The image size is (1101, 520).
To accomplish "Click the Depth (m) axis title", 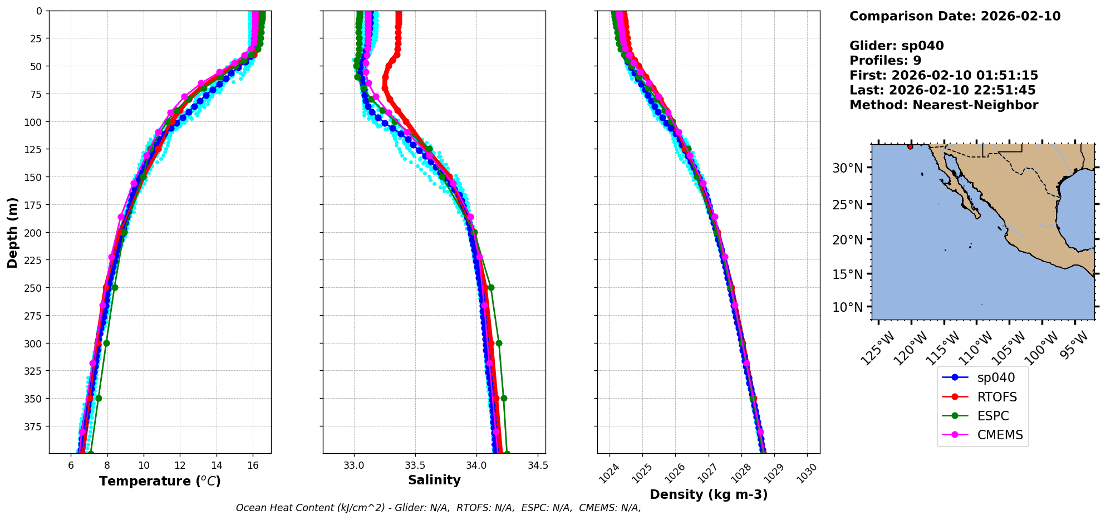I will point(12,232).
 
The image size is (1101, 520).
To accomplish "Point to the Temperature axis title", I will point(160,481).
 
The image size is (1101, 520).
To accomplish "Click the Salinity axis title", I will point(434,480).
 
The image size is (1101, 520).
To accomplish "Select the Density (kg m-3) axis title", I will point(709,494).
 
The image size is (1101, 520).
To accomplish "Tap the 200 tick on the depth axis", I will point(34,233).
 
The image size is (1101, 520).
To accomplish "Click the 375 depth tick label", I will point(34,426).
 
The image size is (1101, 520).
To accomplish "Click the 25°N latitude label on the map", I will point(847,205).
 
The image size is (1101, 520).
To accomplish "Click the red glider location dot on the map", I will point(910,146).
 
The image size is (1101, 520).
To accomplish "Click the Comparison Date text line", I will point(955,16).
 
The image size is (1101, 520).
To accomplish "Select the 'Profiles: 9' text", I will point(885,61).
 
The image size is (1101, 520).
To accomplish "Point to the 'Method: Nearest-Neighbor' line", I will point(943,105).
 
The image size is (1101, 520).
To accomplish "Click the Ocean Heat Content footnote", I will point(438,508).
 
